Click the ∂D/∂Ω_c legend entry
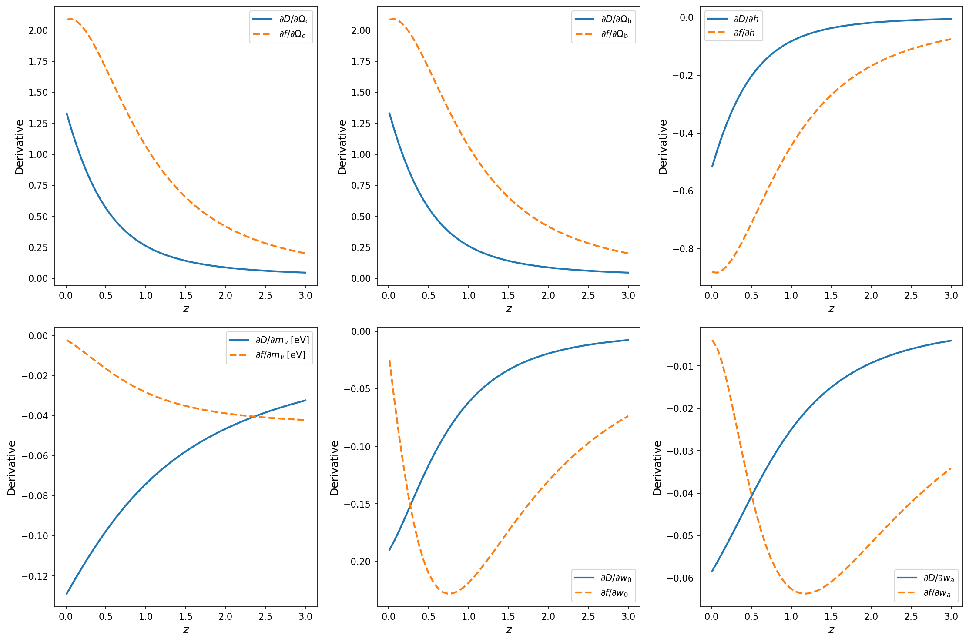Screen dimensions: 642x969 294,20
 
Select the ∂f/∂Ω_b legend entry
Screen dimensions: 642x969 614,34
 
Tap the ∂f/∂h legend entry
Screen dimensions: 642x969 744,33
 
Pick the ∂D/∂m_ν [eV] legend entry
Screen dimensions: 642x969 282,340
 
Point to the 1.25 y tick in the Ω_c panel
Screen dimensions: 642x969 38,124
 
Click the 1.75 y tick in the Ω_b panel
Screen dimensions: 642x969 361,61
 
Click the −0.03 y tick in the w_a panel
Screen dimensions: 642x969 681,451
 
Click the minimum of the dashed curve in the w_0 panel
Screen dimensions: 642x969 450,594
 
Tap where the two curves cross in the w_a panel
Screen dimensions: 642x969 751,495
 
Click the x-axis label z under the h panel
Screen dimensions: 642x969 831,309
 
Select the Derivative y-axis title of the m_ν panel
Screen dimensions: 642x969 12,468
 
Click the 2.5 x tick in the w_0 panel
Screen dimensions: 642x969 588,616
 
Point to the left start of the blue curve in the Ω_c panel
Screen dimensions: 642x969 67,113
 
